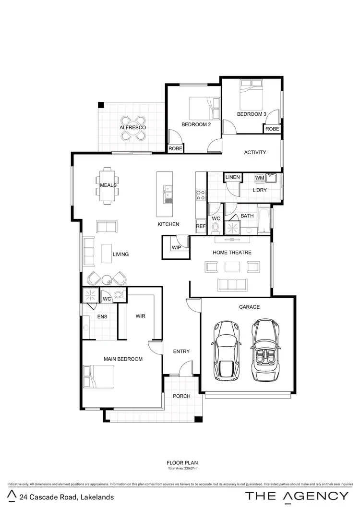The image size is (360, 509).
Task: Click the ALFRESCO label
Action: (132, 127)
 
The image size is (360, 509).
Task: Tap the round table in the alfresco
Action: (133, 128)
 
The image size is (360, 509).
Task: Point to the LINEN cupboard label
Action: (232, 178)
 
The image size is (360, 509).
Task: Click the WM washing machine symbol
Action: (260, 178)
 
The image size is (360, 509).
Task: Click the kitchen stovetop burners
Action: (201, 195)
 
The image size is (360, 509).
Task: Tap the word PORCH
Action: (181, 396)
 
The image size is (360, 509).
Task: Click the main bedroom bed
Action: (99, 377)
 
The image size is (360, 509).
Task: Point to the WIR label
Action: (140, 316)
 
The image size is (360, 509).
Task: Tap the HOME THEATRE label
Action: (232, 252)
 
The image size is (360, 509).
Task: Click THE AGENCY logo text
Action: (297, 497)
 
